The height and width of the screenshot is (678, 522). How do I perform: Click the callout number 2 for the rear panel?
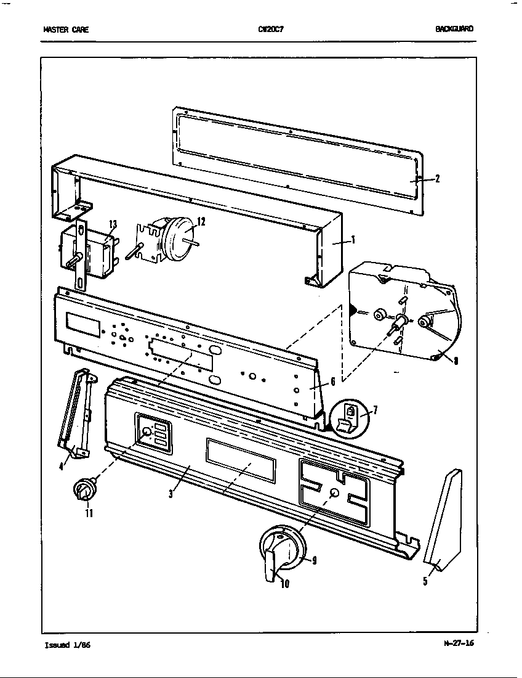[436, 179]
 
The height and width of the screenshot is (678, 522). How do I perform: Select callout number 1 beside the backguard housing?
[352, 240]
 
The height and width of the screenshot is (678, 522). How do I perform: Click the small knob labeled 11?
[82, 491]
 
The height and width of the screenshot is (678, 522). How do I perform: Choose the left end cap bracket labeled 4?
[74, 416]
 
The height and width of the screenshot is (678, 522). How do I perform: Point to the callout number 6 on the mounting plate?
[332, 382]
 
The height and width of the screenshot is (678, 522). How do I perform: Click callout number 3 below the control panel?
[170, 494]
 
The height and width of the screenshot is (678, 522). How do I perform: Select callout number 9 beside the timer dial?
[314, 560]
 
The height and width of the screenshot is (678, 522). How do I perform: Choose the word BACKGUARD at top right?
[455, 29]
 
